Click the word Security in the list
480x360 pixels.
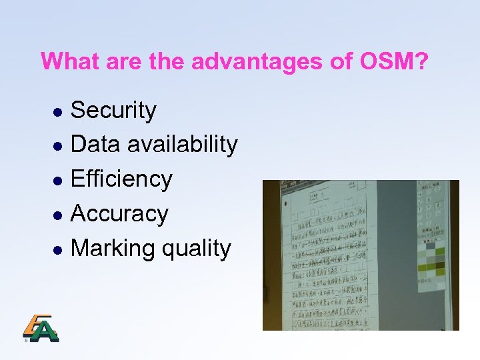coord(113,111)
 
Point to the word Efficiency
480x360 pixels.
coord(121,179)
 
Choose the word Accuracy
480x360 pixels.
coord(119,213)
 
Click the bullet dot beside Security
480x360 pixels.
coord(58,112)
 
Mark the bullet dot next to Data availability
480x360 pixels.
coord(58,146)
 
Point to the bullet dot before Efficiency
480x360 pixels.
coord(58,181)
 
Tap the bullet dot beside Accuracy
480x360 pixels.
coord(58,215)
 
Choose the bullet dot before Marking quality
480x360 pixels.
coord(58,250)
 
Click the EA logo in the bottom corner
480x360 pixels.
coord(41,327)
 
